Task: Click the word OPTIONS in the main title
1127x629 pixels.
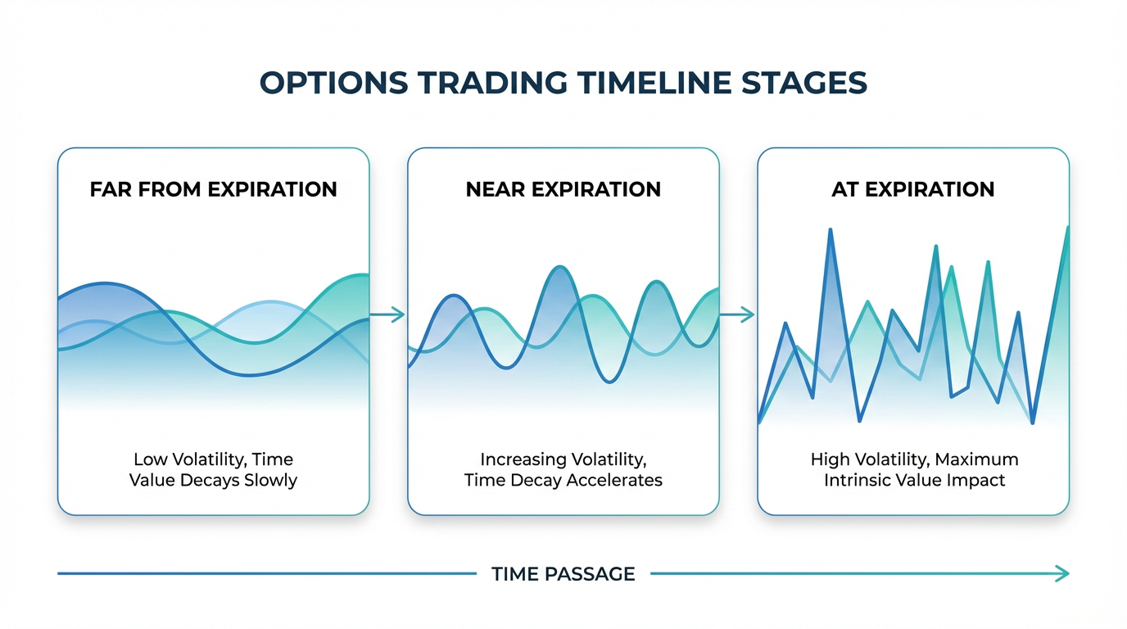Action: click(333, 83)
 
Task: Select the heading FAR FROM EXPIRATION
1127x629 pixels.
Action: click(213, 190)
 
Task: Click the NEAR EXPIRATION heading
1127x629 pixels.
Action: click(563, 190)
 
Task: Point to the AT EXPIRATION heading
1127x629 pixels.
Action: click(912, 190)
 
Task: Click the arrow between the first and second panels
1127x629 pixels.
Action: click(387, 314)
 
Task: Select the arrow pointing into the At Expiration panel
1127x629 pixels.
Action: click(737, 314)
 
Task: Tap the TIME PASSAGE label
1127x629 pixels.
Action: click(563, 574)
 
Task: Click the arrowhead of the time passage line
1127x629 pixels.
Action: click(1062, 573)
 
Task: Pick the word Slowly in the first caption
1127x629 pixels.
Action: click(270, 481)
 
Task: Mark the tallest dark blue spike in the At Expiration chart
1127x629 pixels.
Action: click(831, 230)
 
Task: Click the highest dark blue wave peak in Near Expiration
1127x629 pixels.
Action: click(560, 267)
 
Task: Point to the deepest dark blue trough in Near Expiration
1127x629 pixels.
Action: click(609, 381)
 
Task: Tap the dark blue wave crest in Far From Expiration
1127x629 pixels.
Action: click(105, 284)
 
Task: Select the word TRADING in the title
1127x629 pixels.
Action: click(492, 83)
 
